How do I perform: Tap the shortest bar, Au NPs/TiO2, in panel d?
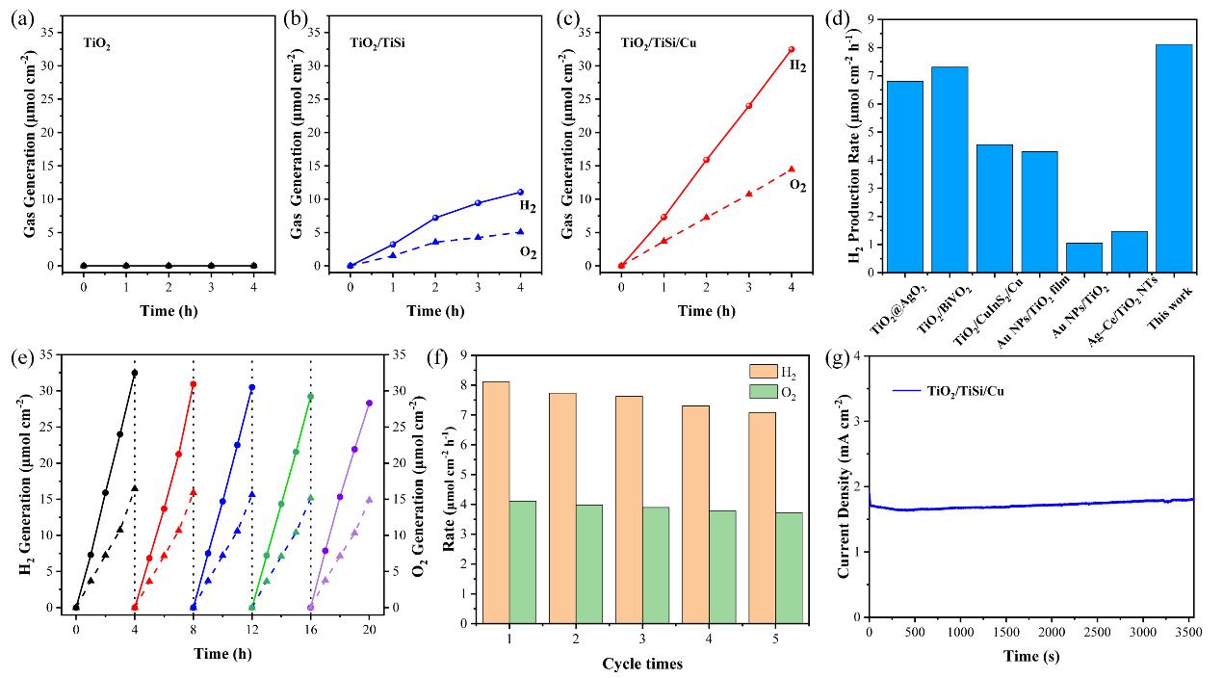(1083, 257)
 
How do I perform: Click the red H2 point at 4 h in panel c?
(791, 49)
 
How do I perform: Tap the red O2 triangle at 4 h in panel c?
(791, 169)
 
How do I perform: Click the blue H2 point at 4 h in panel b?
(520, 193)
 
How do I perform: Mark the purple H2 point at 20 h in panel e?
(369, 404)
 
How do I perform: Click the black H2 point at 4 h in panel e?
(135, 373)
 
